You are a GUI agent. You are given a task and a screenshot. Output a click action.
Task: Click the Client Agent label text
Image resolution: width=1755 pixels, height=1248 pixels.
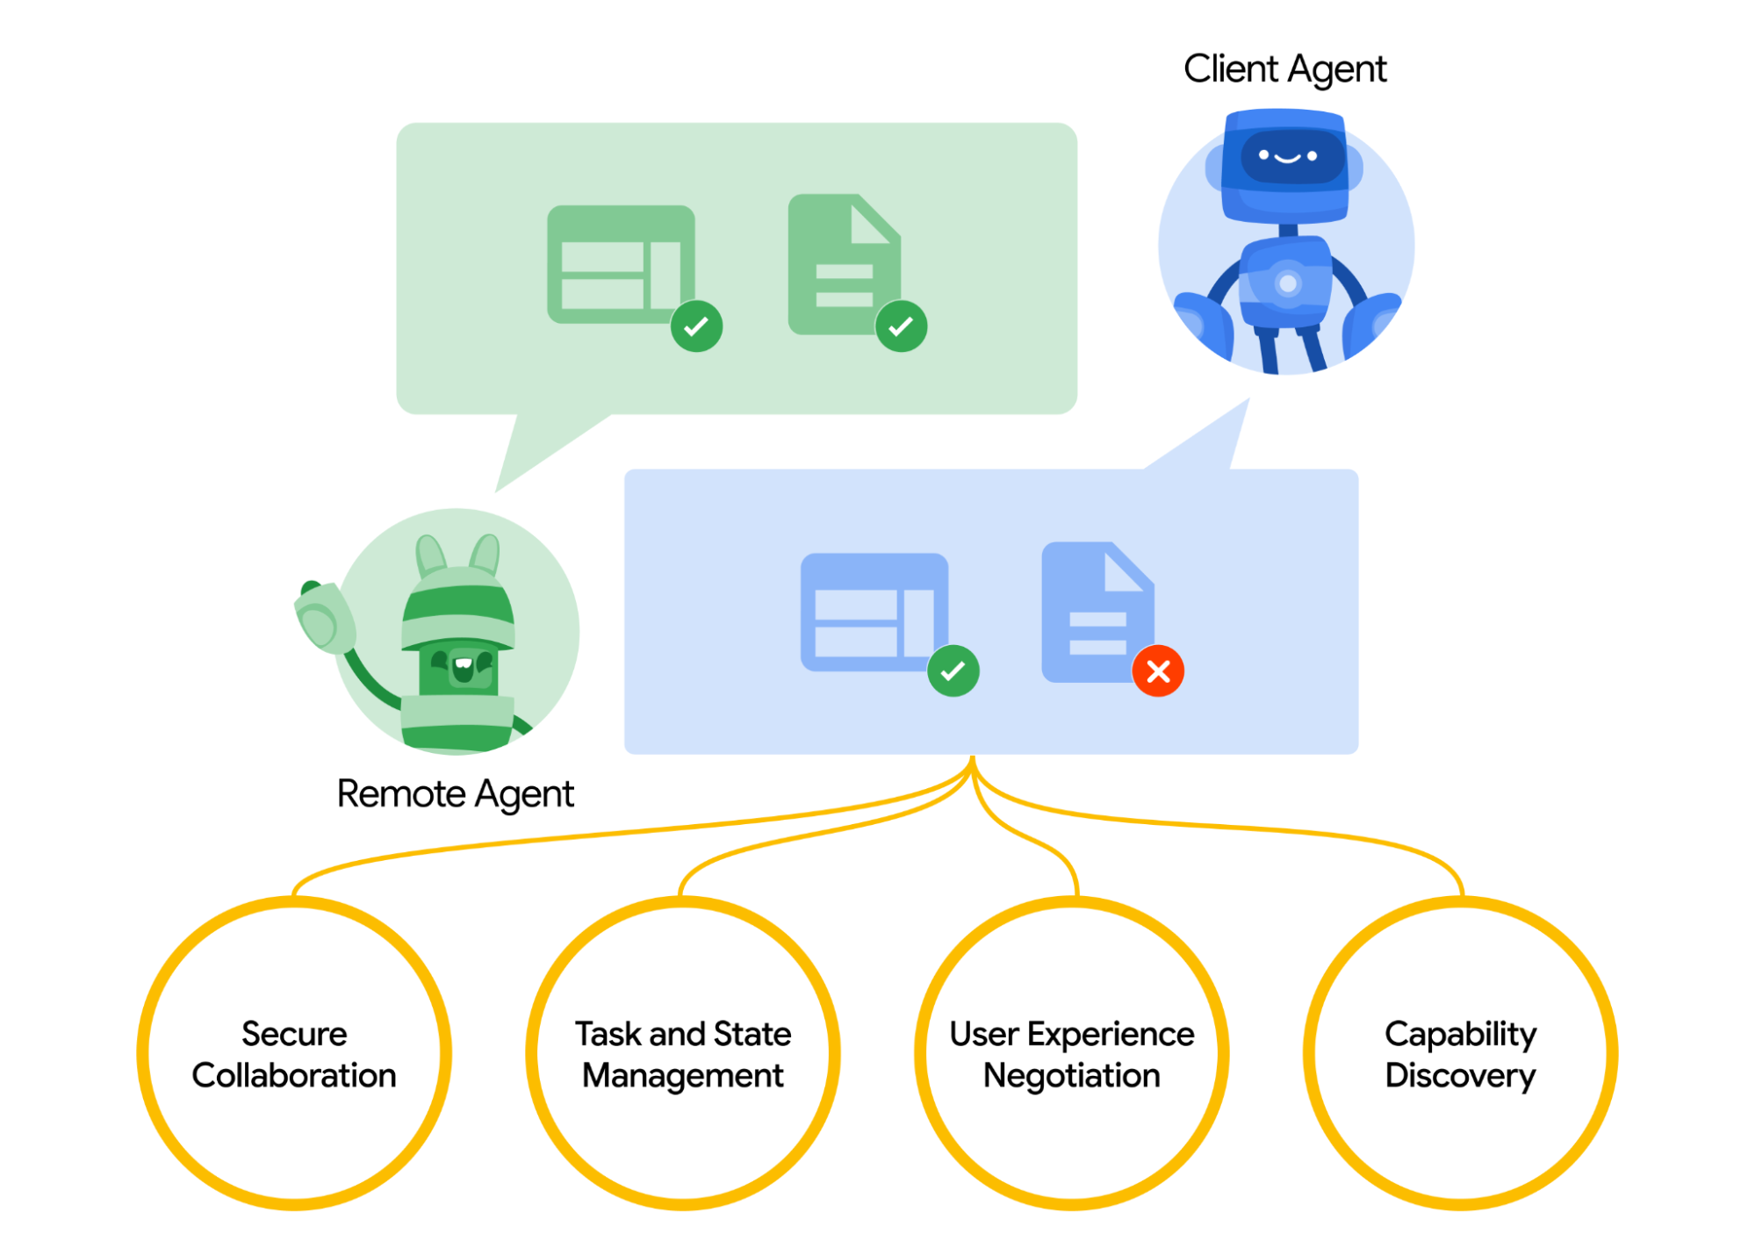point(1284,69)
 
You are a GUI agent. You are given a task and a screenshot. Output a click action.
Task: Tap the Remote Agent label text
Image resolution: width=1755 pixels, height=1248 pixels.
point(455,794)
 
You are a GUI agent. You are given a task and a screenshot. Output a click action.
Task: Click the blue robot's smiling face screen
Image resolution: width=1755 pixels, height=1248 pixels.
point(1287,157)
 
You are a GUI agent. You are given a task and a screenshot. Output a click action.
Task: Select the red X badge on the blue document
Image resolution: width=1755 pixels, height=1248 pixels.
point(1157,671)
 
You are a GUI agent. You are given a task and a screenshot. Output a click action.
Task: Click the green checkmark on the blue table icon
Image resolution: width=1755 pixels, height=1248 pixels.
point(953,671)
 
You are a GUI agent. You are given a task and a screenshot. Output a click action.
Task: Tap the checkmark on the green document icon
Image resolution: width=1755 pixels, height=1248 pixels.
point(901,326)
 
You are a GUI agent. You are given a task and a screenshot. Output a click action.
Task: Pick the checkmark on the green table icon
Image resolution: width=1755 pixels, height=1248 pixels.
point(696,326)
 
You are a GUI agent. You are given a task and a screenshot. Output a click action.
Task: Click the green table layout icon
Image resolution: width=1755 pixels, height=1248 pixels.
point(619,263)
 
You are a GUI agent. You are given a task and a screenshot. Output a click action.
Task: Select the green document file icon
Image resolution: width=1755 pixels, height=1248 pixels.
point(838,263)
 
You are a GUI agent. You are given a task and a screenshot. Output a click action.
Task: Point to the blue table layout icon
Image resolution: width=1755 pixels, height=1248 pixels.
point(872,611)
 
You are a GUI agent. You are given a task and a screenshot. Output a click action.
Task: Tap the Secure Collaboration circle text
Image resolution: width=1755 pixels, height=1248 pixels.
point(294,1054)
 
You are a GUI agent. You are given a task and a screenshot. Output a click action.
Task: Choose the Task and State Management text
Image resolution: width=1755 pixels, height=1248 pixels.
point(683,1054)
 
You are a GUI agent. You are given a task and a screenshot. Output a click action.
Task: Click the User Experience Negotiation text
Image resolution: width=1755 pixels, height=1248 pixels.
point(1071,1054)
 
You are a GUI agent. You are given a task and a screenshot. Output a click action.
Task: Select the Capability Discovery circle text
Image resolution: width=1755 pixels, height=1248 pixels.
point(1460,1054)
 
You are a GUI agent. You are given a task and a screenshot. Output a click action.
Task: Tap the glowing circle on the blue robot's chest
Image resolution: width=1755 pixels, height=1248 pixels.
point(1287,283)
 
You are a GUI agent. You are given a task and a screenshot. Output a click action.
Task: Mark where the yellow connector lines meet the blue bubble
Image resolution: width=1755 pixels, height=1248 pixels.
point(972,758)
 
